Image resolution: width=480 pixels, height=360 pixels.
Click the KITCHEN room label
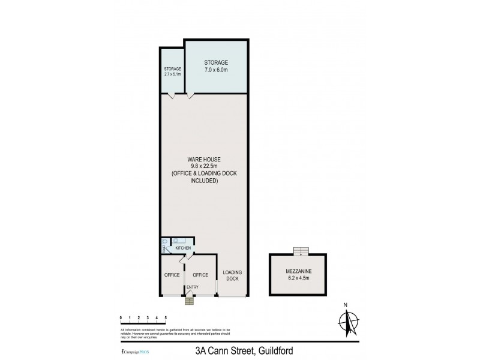coord(182,248)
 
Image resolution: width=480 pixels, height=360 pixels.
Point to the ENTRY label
coord(192,287)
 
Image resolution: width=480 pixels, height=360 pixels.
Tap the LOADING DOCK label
coord(232,276)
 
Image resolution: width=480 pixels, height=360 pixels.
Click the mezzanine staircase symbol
coord(298,251)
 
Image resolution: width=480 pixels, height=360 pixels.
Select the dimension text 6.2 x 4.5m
coord(299,278)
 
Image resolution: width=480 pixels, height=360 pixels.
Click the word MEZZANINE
coord(299,272)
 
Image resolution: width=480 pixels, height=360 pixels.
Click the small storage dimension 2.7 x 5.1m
coord(172,74)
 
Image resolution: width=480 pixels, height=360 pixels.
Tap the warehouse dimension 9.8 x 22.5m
coord(204,166)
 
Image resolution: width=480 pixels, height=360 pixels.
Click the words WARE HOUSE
coord(204,159)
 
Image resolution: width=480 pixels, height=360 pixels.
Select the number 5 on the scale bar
coord(165,317)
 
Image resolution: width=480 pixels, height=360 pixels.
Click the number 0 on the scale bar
coord(121,317)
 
